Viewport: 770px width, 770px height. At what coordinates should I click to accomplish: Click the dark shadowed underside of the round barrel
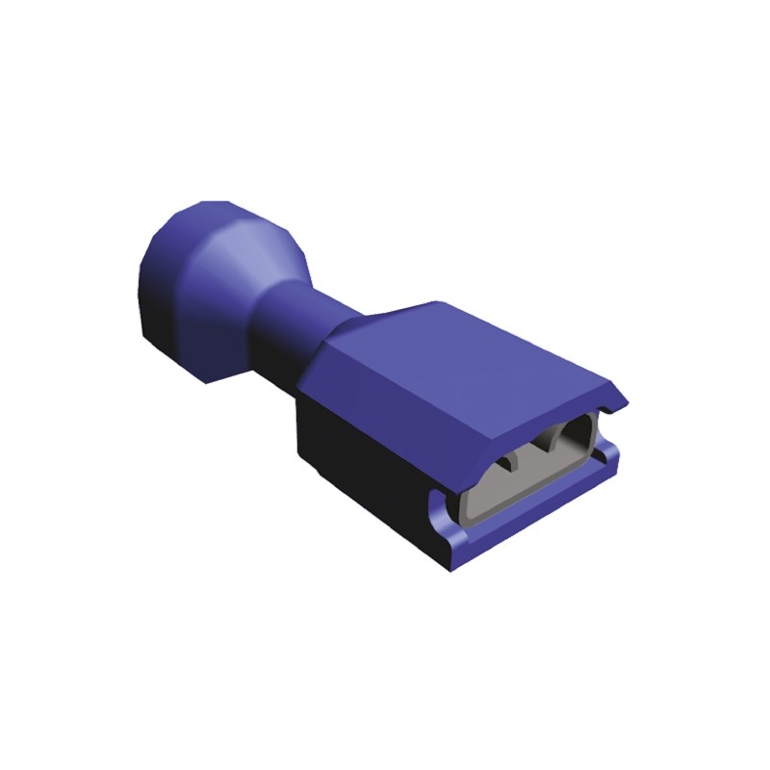192,346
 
